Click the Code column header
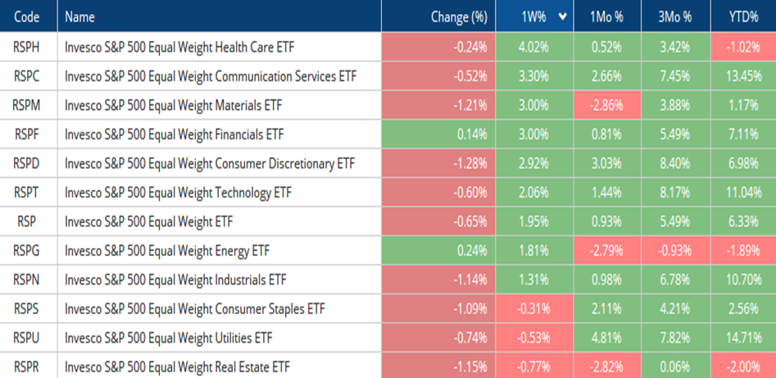click(x=28, y=16)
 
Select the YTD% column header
click(x=743, y=16)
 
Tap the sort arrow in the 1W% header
click(x=562, y=16)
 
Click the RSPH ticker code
click(x=28, y=48)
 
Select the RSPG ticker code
click(x=28, y=250)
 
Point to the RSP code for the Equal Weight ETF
click(x=28, y=221)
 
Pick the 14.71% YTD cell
click(x=743, y=338)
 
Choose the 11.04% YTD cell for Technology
click(x=743, y=193)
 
